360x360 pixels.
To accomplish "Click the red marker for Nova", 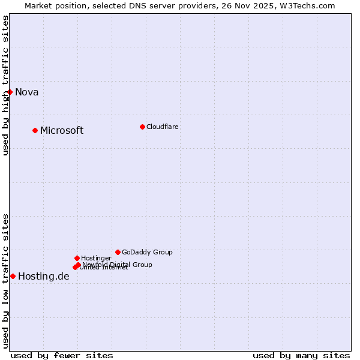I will (x=10, y=92).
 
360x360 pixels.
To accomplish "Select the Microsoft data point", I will (x=35, y=130).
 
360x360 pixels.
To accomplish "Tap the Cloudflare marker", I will (x=142, y=127).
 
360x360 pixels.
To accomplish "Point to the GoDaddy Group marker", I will (x=118, y=252).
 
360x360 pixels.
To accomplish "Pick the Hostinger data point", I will (x=77, y=258).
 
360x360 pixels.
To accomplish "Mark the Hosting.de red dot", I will (x=13, y=276).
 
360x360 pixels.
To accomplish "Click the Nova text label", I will (x=27, y=92).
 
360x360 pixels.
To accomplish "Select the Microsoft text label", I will (x=62, y=131).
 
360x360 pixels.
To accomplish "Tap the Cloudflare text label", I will (x=163, y=127).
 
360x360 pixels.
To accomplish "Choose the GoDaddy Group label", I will (x=147, y=253).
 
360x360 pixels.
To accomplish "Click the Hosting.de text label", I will (x=44, y=277).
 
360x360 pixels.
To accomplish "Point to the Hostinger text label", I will (x=96, y=259).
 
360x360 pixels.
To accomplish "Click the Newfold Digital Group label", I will (x=118, y=265).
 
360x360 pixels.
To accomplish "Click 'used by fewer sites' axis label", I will (x=62, y=355).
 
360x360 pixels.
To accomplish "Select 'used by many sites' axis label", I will (x=301, y=355).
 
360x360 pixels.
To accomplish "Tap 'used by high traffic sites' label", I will (x=6, y=85).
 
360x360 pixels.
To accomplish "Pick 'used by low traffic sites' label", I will (x=6, y=281).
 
